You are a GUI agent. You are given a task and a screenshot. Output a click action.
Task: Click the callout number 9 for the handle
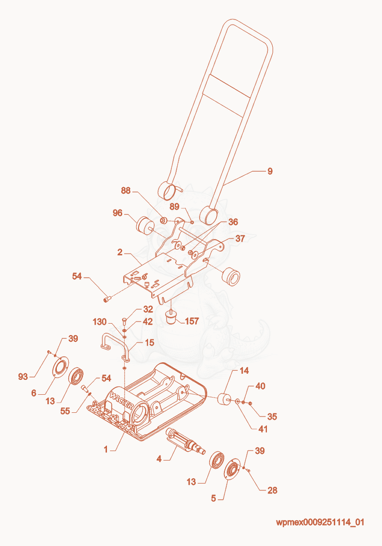click(270, 171)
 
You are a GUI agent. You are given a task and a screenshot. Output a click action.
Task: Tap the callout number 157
click(192, 321)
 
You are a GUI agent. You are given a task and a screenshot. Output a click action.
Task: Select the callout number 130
click(100, 322)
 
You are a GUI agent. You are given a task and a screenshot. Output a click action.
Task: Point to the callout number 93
click(23, 377)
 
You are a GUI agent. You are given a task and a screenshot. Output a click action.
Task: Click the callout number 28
click(272, 490)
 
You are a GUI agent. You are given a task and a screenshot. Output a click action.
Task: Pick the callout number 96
click(117, 212)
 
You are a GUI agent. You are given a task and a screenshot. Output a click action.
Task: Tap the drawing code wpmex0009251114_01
click(320, 522)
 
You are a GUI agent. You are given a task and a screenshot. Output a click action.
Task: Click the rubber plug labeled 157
click(170, 317)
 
